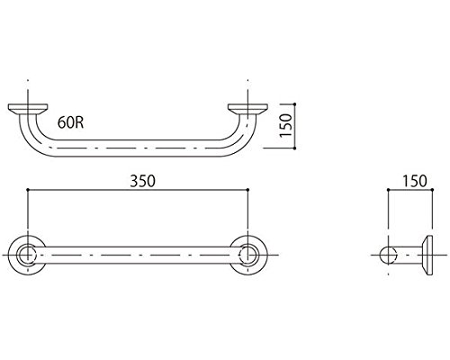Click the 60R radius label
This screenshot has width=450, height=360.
tap(70, 122)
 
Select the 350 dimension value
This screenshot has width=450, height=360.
tap(142, 181)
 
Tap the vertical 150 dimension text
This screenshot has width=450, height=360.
tap(285, 126)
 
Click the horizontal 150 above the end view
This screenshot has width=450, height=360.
tap(414, 181)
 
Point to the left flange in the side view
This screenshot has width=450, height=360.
tap(28, 109)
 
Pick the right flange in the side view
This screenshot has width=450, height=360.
tap(247, 109)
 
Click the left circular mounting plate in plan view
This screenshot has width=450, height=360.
tap(27, 255)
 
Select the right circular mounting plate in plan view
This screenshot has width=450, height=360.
tap(248, 255)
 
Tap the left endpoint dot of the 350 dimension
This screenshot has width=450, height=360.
tap(28, 190)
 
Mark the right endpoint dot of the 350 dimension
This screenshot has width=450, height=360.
tap(247, 190)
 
